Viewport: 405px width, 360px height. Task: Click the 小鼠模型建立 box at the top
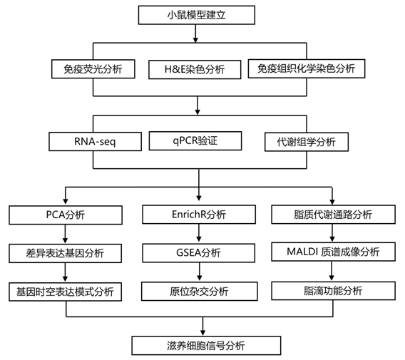[197, 15]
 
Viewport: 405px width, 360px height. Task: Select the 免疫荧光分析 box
[93, 69]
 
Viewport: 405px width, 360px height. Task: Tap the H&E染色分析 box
[195, 69]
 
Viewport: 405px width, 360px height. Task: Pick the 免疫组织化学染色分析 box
[307, 68]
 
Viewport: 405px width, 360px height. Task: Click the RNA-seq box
[95, 142]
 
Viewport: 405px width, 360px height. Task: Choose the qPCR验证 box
[195, 140]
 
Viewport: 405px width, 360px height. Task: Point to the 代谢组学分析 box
[307, 142]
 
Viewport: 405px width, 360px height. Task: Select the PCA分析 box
[66, 215]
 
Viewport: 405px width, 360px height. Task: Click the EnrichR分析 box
[199, 215]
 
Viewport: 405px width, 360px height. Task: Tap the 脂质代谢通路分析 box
[333, 215]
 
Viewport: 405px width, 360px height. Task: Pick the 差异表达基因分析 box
[65, 253]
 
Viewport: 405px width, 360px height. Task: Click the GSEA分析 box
[198, 253]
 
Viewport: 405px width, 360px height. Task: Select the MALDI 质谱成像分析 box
[333, 252]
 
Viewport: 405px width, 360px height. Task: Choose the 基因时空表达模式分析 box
[65, 292]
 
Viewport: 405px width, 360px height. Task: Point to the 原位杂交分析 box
[200, 292]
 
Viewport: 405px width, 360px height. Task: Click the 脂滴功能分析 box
[333, 291]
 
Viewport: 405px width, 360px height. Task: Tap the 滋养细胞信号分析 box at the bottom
[206, 346]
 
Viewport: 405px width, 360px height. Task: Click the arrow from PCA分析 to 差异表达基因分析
[65, 234]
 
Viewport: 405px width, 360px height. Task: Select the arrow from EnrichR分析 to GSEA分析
[199, 233]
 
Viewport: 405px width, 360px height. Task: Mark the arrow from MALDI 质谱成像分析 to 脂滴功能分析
[332, 271]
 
